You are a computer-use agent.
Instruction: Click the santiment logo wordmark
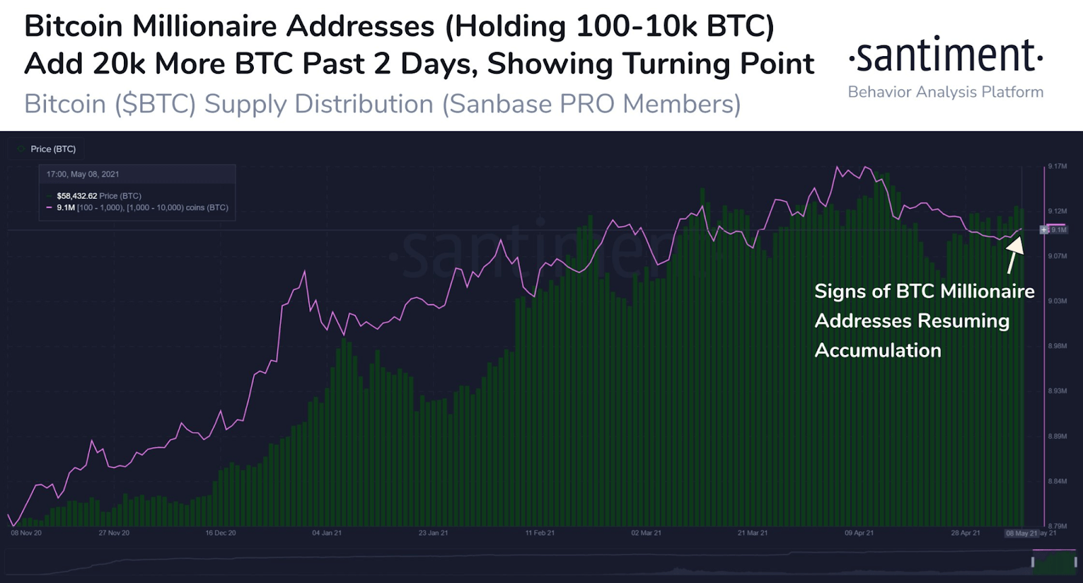(x=945, y=55)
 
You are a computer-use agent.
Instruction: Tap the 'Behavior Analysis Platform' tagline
(x=945, y=92)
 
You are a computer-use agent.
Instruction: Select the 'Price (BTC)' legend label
(x=53, y=149)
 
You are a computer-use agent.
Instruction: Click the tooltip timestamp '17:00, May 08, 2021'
(x=83, y=174)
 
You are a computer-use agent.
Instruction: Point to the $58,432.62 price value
(x=76, y=196)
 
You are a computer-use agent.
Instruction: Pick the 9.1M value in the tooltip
(x=66, y=208)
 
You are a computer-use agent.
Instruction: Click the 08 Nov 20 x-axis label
(x=26, y=533)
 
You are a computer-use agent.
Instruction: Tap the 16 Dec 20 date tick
(x=221, y=533)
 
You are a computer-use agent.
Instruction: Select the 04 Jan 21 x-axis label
(x=327, y=533)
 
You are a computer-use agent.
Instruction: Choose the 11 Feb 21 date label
(x=540, y=533)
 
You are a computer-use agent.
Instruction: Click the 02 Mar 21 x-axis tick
(x=646, y=533)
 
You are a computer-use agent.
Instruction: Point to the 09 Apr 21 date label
(x=859, y=533)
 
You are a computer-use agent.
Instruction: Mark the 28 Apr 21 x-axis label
(x=965, y=533)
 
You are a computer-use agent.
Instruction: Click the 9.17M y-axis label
(x=1057, y=166)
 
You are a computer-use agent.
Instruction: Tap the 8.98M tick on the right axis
(x=1057, y=346)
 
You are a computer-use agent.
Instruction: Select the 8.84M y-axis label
(x=1057, y=482)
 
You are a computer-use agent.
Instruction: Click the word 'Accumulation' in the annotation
(x=878, y=350)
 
